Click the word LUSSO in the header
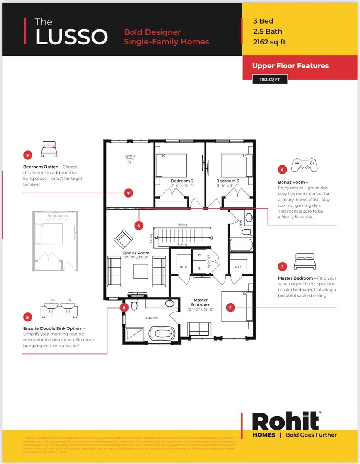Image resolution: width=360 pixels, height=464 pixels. click(71, 37)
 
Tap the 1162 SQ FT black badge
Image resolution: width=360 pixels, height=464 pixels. click(270, 80)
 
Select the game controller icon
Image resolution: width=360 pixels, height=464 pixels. click(304, 165)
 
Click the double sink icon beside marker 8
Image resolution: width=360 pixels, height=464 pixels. click(59, 308)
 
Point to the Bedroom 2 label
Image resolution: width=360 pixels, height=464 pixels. click(182, 181)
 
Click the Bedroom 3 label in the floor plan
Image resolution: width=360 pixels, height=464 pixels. click(227, 181)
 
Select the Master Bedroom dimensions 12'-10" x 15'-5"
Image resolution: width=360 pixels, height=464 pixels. click(201, 310)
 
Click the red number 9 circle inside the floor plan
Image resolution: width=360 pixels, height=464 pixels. click(129, 193)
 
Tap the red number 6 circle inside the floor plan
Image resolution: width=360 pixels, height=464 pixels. click(139, 225)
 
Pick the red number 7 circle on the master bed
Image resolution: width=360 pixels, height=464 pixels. click(230, 308)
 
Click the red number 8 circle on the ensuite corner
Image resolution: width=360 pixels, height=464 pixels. click(124, 308)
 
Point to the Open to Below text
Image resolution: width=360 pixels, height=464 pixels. click(130, 157)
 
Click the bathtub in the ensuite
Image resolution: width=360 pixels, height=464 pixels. click(162, 333)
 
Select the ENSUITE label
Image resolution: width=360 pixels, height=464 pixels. click(152, 318)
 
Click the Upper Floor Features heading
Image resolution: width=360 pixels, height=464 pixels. click(290, 66)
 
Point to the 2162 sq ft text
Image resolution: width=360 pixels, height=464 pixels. click(269, 42)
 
